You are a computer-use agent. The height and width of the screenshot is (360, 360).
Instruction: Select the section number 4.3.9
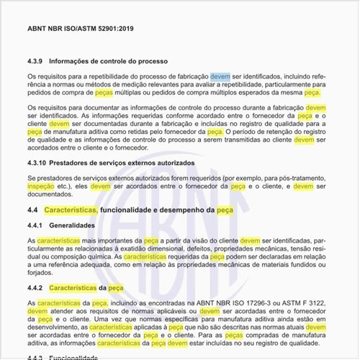click(37, 60)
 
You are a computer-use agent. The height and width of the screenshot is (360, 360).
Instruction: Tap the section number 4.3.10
click(39, 163)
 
